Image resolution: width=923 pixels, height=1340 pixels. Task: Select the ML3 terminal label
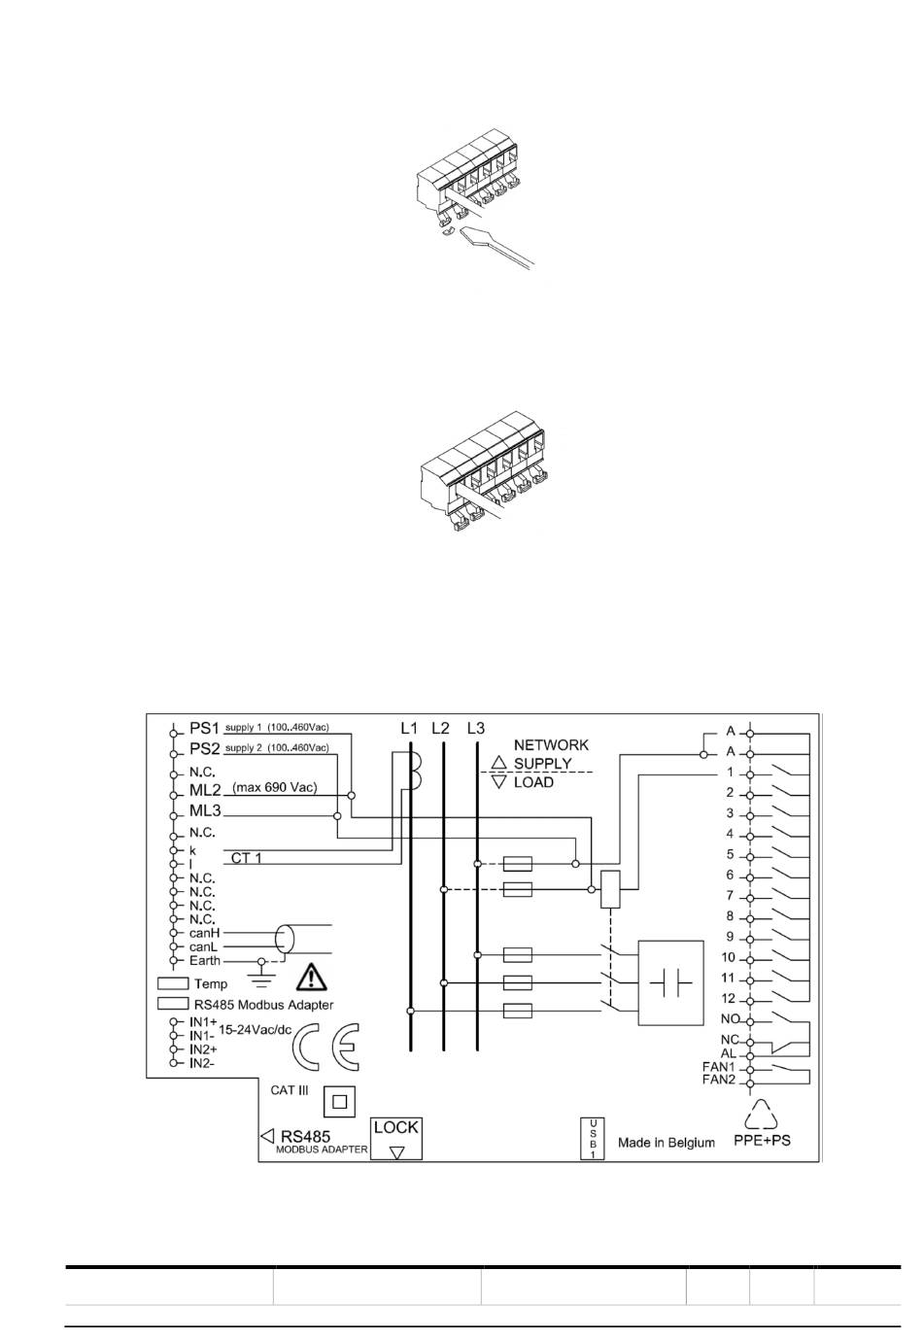(x=205, y=810)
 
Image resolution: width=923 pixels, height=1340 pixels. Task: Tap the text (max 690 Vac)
(x=275, y=788)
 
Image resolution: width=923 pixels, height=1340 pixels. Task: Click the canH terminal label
(x=205, y=933)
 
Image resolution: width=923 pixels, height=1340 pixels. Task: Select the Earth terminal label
(x=205, y=960)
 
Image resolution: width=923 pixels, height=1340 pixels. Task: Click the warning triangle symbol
(x=312, y=976)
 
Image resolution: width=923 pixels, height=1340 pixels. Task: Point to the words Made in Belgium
(x=666, y=1143)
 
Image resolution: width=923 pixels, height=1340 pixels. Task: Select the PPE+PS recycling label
(x=762, y=1140)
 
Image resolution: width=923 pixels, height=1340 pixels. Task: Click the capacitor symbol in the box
(x=670, y=982)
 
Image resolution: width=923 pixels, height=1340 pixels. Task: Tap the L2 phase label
(x=440, y=728)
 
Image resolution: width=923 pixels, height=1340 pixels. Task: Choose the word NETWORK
(x=551, y=744)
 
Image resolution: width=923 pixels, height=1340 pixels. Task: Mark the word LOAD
(x=533, y=782)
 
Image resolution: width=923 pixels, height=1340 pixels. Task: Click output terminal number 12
(x=728, y=998)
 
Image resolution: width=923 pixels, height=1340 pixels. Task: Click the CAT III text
(x=290, y=1090)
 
